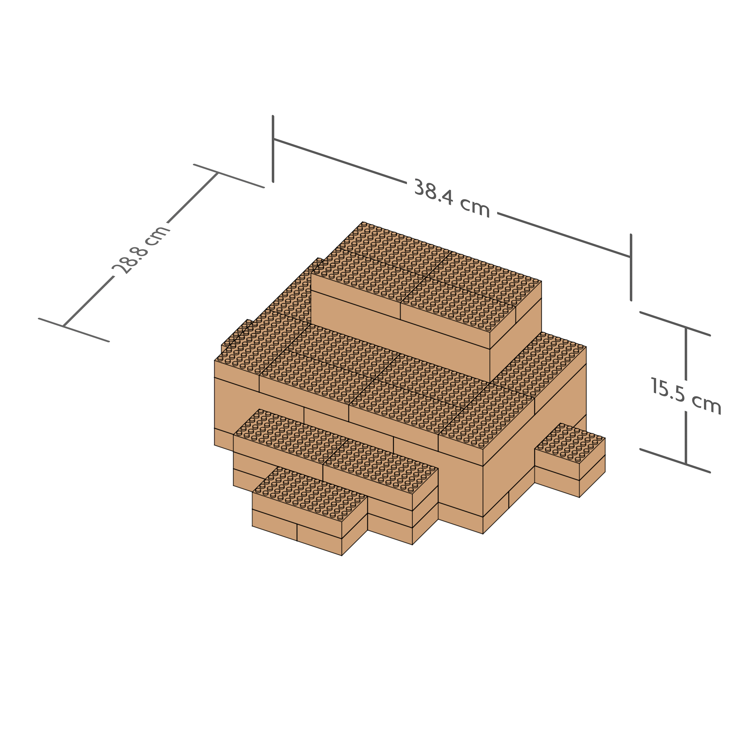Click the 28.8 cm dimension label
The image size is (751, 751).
141,249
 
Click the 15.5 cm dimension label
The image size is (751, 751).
686,395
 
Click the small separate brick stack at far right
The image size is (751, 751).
570,460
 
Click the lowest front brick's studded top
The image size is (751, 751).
310,494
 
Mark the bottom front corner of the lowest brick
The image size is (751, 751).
342,555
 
